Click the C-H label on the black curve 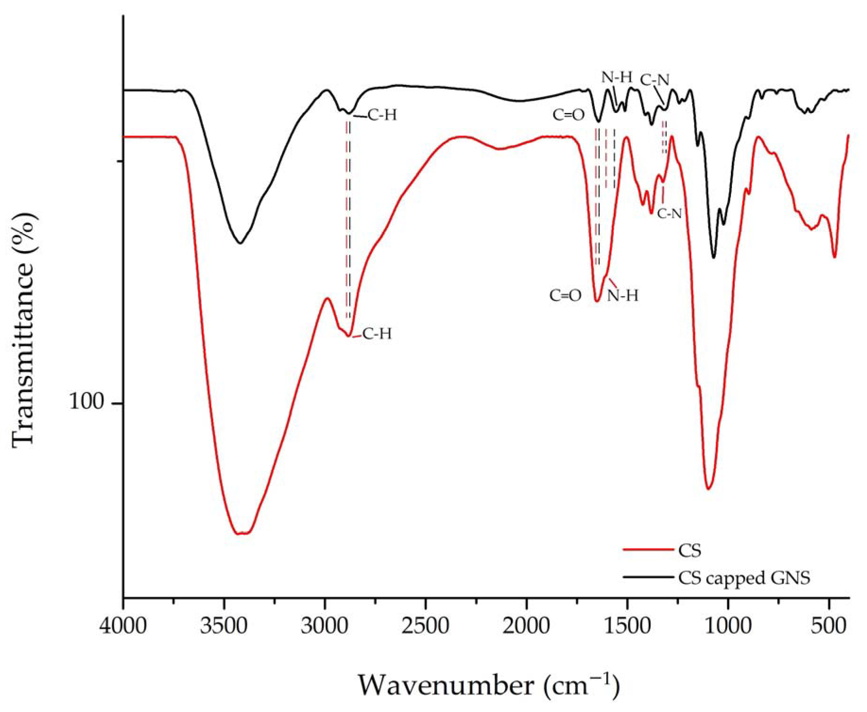[x=382, y=116]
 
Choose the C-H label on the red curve [x=376, y=334]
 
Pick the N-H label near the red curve [x=623, y=295]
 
